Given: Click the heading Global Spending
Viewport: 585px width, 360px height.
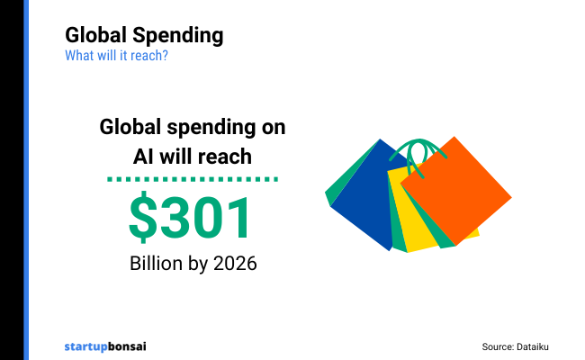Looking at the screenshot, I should point(144,36).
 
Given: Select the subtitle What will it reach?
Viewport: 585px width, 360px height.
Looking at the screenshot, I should point(116,55).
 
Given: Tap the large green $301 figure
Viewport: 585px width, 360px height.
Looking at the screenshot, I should point(192,218).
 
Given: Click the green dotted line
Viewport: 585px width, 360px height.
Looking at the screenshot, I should point(192,180).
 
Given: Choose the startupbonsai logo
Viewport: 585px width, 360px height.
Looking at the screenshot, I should point(105,346).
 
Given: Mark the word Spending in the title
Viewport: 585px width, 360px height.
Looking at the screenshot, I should point(178,36).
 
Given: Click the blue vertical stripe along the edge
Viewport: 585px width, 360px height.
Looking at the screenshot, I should point(27,180).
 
